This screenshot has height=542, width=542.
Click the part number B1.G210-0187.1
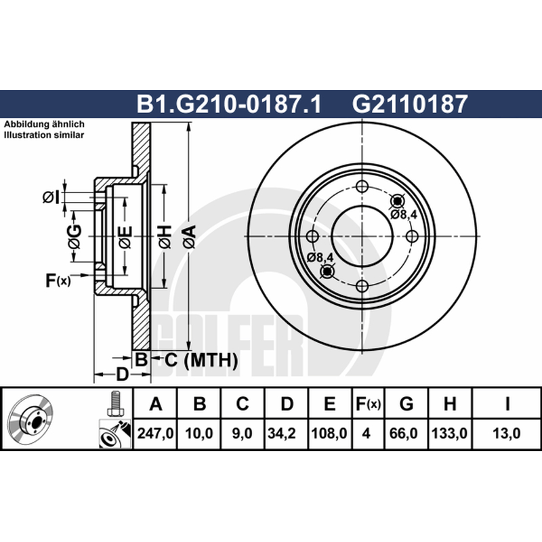229,104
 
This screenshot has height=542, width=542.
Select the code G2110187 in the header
410,104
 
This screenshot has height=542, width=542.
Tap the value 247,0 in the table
155,433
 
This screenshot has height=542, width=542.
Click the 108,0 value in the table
329,433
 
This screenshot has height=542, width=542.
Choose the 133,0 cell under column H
449,433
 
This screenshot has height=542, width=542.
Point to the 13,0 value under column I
506,433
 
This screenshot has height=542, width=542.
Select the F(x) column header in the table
368,404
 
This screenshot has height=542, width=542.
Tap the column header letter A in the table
156,404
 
